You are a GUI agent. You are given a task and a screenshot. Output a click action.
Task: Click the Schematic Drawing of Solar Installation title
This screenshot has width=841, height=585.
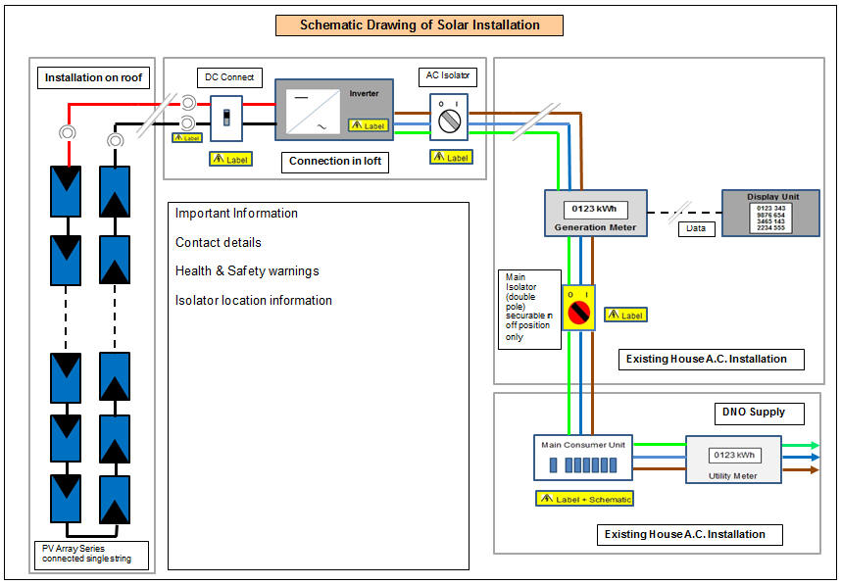(420, 25)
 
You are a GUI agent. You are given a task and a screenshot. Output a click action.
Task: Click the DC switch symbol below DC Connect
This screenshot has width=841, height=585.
(227, 119)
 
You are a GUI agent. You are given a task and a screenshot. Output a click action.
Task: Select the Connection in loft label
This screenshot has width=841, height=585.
(334, 162)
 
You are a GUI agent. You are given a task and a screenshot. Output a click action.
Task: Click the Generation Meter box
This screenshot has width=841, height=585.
(595, 215)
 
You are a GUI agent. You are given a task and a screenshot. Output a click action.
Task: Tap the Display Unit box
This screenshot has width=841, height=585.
(770, 214)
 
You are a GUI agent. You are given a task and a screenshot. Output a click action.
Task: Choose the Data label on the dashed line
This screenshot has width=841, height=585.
(696, 228)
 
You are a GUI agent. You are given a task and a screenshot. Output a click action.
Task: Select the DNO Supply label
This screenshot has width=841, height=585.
(752, 413)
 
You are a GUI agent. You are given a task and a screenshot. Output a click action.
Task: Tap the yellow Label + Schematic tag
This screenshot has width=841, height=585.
(584, 499)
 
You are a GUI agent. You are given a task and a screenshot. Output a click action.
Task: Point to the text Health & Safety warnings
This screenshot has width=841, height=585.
(247, 271)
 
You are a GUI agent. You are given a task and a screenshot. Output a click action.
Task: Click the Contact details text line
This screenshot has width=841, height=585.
(219, 242)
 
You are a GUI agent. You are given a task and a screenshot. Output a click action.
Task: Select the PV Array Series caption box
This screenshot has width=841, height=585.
(91, 554)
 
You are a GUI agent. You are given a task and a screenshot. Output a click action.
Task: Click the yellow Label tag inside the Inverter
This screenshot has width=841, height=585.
(368, 125)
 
